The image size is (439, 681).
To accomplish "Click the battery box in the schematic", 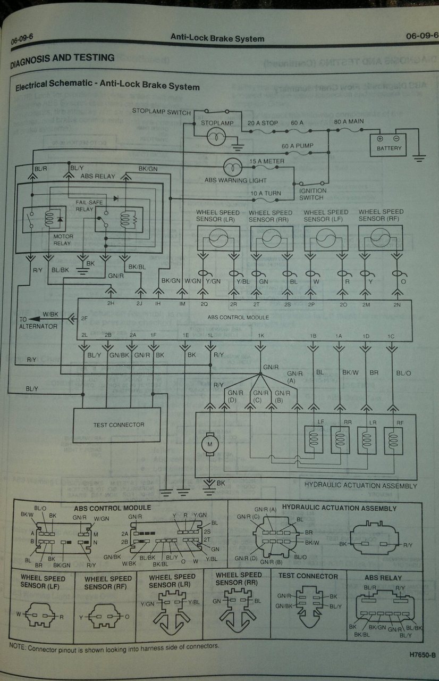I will pyautogui.click(x=389, y=144).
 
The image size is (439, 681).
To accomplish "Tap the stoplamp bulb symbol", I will pyautogui.click(x=217, y=137).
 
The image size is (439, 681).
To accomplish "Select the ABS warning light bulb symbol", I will pyautogui.click(x=232, y=167).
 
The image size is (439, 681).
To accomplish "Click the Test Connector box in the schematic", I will pyautogui.click(x=116, y=425).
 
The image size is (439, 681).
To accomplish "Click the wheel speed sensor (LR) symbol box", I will pyautogui.click(x=218, y=238).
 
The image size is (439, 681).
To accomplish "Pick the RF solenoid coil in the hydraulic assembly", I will pyautogui.click(x=393, y=440).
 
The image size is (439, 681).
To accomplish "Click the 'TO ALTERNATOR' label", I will pyautogui.click(x=38, y=322).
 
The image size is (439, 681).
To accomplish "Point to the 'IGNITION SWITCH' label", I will pyautogui.click(x=313, y=194).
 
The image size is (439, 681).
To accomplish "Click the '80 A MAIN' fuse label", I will pyautogui.click(x=349, y=122).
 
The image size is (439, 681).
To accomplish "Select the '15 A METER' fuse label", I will pyautogui.click(x=266, y=161).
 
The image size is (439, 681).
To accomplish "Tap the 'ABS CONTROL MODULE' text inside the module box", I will pyautogui.click(x=238, y=318).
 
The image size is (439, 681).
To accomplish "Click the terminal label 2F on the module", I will pyautogui.click(x=84, y=319).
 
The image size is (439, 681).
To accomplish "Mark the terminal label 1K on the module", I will pyautogui.click(x=260, y=336).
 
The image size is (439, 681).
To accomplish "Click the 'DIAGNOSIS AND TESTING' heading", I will pyautogui.click(x=62, y=59).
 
